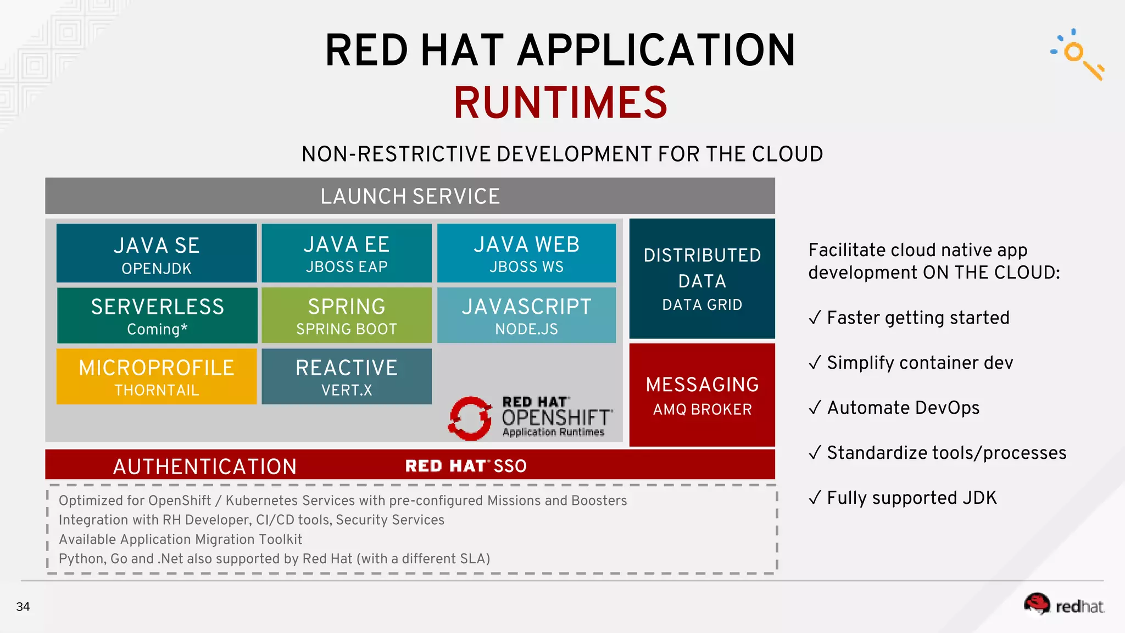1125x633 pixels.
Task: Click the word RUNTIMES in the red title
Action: (x=560, y=103)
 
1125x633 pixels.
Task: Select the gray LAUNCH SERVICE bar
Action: (x=410, y=196)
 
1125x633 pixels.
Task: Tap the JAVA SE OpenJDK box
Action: (x=157, y=253)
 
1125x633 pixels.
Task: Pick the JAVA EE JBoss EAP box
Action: (x=347, y=253)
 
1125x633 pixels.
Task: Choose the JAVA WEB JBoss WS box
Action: (x=526, y=253)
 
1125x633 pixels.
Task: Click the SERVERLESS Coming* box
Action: (x=157, y=316)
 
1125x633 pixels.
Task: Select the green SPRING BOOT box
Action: (x=347, y=316)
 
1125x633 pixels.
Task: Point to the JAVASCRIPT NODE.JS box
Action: (x=526, y=316)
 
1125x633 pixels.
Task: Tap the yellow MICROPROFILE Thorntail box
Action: (x=157, y=377)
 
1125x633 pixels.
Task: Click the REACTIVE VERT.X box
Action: (x=347, y=377)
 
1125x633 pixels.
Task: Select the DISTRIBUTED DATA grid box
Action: (x=702, y=279)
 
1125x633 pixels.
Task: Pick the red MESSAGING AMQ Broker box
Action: (x=702, y=395)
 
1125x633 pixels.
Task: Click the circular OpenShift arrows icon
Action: (x=470, y=419)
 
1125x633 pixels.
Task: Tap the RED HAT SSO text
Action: (x=466, y=466)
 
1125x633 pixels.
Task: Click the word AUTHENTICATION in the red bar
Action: (x=205, y=467)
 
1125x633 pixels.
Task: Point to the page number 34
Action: (x=23, y=607)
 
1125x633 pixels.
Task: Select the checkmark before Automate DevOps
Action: (x=815, y=407)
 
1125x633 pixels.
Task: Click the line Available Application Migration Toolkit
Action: (x=180, y=539)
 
